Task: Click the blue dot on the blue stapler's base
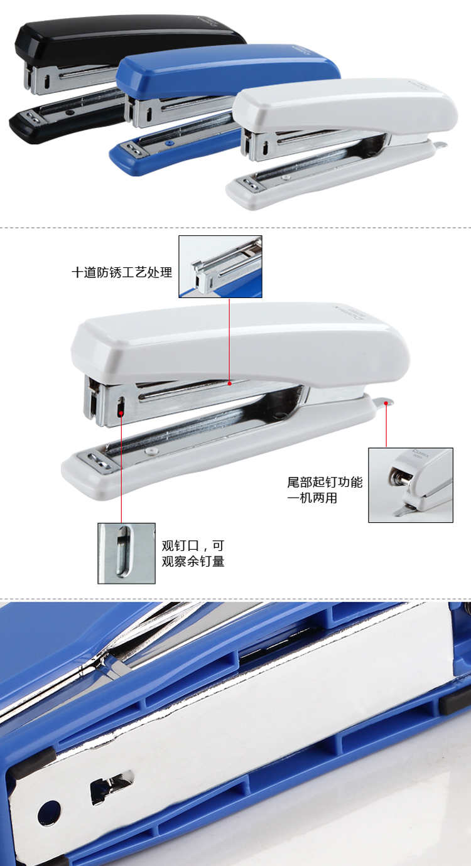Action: (x=168, y=143)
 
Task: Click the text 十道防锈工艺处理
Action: (x=122, y=272)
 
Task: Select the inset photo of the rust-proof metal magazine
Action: (x=220, y=266)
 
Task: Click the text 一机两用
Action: (x=312, y=498)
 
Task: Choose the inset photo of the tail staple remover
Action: (x=411, y=485)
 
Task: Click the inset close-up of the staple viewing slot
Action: (x=127, y=553)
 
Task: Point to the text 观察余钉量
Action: (x=193, y=561)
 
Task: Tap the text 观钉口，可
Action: (x=193, y=545)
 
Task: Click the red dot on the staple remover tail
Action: (x=386, y=403)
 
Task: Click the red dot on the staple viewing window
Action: (x=121, y=414)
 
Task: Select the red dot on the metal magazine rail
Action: (x=229, y=383)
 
